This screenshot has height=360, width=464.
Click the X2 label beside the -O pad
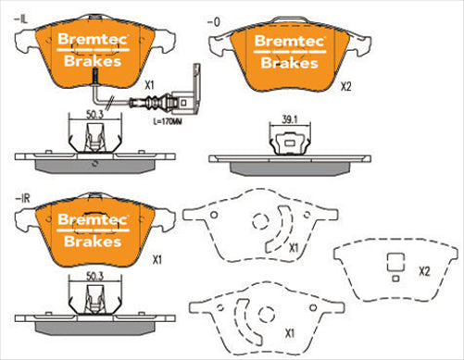346,87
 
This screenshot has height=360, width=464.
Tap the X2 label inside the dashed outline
423,271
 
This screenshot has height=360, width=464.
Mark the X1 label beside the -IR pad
157,260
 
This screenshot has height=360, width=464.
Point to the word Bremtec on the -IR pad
88,219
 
